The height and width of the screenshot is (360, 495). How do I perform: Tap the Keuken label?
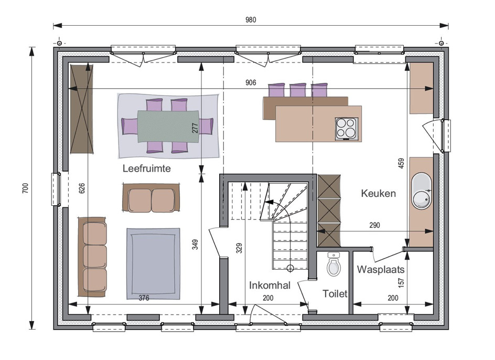coord(378,193)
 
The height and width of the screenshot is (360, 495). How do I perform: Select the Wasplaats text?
coord(380,270)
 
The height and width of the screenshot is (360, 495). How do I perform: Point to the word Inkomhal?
coord(270,285)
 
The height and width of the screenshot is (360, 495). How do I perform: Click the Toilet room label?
coord(335,294)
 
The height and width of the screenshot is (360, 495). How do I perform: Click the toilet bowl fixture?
coord(333,264)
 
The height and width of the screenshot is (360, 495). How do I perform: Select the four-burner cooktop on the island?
coord(346,129)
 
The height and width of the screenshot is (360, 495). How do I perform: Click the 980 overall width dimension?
coord(251,20)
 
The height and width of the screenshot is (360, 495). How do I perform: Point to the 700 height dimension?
coord(25,188)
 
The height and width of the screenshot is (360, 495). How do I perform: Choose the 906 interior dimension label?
coord(251,83)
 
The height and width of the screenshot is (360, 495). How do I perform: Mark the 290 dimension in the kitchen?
coord(374,225)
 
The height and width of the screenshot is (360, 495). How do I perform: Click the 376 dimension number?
coord(144,298)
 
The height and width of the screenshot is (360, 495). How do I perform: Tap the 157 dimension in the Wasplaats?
coord(401,282)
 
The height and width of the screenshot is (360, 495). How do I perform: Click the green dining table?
coord(168,126)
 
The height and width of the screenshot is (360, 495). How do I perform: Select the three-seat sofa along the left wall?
coord(92,257)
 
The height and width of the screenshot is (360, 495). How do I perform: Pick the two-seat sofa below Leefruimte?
coord(151,198)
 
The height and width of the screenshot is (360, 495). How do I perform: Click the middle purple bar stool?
coord(298,90)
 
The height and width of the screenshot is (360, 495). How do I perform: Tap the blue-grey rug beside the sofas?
coord(154,263)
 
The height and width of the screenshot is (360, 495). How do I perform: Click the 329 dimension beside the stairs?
coord(239,248)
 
